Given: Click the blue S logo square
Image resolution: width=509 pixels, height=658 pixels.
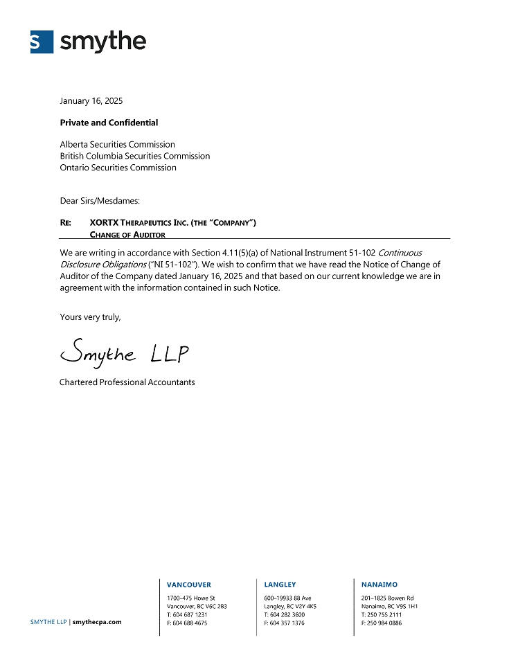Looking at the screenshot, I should coord(42,42).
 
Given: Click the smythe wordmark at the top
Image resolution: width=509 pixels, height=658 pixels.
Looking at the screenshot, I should coord(103,42).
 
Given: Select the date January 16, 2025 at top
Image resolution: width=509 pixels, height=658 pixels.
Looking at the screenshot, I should coord(91,101).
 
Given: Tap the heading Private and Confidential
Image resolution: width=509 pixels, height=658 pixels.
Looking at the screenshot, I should coord(109,123).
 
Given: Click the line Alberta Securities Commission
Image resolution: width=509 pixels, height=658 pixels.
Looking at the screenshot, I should coord(117,145).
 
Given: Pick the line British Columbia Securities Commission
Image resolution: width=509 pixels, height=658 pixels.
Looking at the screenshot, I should coord(134,156).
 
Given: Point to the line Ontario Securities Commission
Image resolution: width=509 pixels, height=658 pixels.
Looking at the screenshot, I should coord(118,168).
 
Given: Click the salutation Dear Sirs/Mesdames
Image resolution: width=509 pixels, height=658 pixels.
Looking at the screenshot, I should coord(100,201).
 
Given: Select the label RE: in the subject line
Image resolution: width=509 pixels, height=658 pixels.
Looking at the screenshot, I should coord(66,223).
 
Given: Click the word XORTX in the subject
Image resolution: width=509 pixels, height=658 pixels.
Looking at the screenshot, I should coord(104,223).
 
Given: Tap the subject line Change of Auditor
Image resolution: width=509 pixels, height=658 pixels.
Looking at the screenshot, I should coord(127,235).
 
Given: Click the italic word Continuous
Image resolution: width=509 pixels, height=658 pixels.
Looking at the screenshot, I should coord(400,253).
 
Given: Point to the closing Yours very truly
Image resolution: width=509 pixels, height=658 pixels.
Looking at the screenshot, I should coord(90,317).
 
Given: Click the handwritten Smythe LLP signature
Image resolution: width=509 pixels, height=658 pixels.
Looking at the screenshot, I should coord(124,354).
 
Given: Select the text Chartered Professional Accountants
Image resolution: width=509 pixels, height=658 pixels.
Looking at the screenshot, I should coord(127,382).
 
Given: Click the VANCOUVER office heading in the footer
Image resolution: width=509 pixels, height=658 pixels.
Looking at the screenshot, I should coord(189,585).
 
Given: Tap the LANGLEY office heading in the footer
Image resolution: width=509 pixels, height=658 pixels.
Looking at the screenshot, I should coord(280,585).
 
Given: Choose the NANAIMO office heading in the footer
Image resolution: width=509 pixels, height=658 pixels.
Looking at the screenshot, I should coord(379,585).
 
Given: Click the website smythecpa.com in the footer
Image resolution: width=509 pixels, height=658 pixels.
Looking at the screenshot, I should coord(97,622).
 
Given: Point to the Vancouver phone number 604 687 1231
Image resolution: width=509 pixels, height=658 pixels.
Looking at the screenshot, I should coord(190,614).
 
